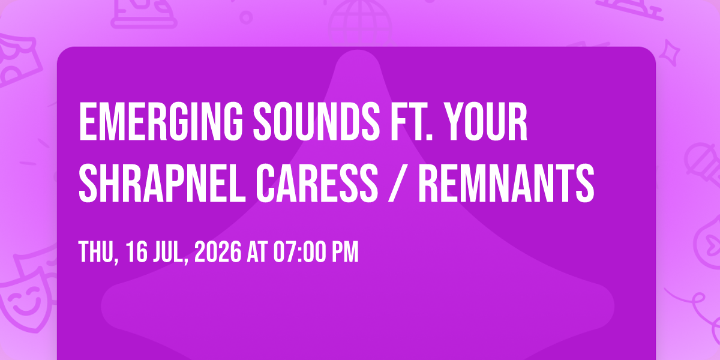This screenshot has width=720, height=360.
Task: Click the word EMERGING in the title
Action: click(x=161, y=121)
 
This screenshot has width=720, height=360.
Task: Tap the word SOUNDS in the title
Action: click(x=317, y=121)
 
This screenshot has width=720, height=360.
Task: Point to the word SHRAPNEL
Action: click(x=162, y=183)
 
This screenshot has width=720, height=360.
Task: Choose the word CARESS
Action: click(x=317, y=183)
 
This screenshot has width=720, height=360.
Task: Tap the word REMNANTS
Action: click(x=506, y=183)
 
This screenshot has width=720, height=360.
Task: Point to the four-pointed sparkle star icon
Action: click(x=670, y=53)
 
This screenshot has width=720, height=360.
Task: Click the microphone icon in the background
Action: click(x=703, y=164)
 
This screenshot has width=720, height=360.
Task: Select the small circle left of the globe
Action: click(x=246, y=17)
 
